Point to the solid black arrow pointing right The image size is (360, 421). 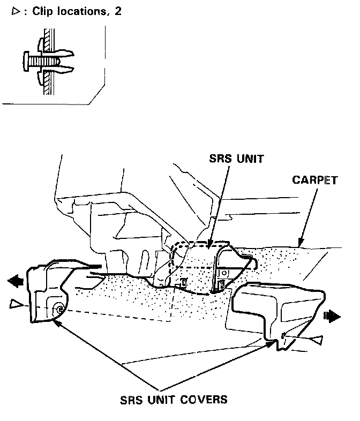pyautogui.click(x=333, y=317)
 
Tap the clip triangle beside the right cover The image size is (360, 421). pyautogui.click(x=317, y=339)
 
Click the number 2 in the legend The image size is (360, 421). pyautogui.click(x=117, y=11)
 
